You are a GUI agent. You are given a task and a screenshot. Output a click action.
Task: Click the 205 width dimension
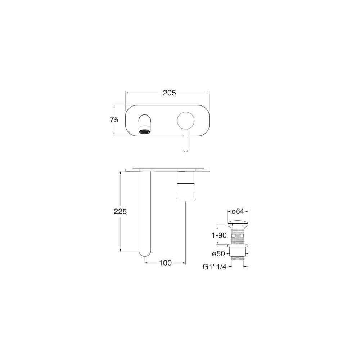point(169,93)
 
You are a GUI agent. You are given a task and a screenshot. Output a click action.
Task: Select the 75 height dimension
point(114,120)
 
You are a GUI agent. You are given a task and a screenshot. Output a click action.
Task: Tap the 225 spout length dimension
point(120,211)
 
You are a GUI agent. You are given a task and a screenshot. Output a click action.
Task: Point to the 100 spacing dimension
point(165,263)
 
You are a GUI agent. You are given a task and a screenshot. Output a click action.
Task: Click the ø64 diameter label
point(238,211)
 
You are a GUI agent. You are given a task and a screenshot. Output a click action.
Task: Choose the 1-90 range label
point(219,235)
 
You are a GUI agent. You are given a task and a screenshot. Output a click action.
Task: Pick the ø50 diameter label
point(219,254)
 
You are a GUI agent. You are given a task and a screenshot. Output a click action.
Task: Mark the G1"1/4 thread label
point(215,266)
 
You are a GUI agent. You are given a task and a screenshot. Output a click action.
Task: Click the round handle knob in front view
point(186,121)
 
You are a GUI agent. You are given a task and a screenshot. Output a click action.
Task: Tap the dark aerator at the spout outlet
point(145,132)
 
